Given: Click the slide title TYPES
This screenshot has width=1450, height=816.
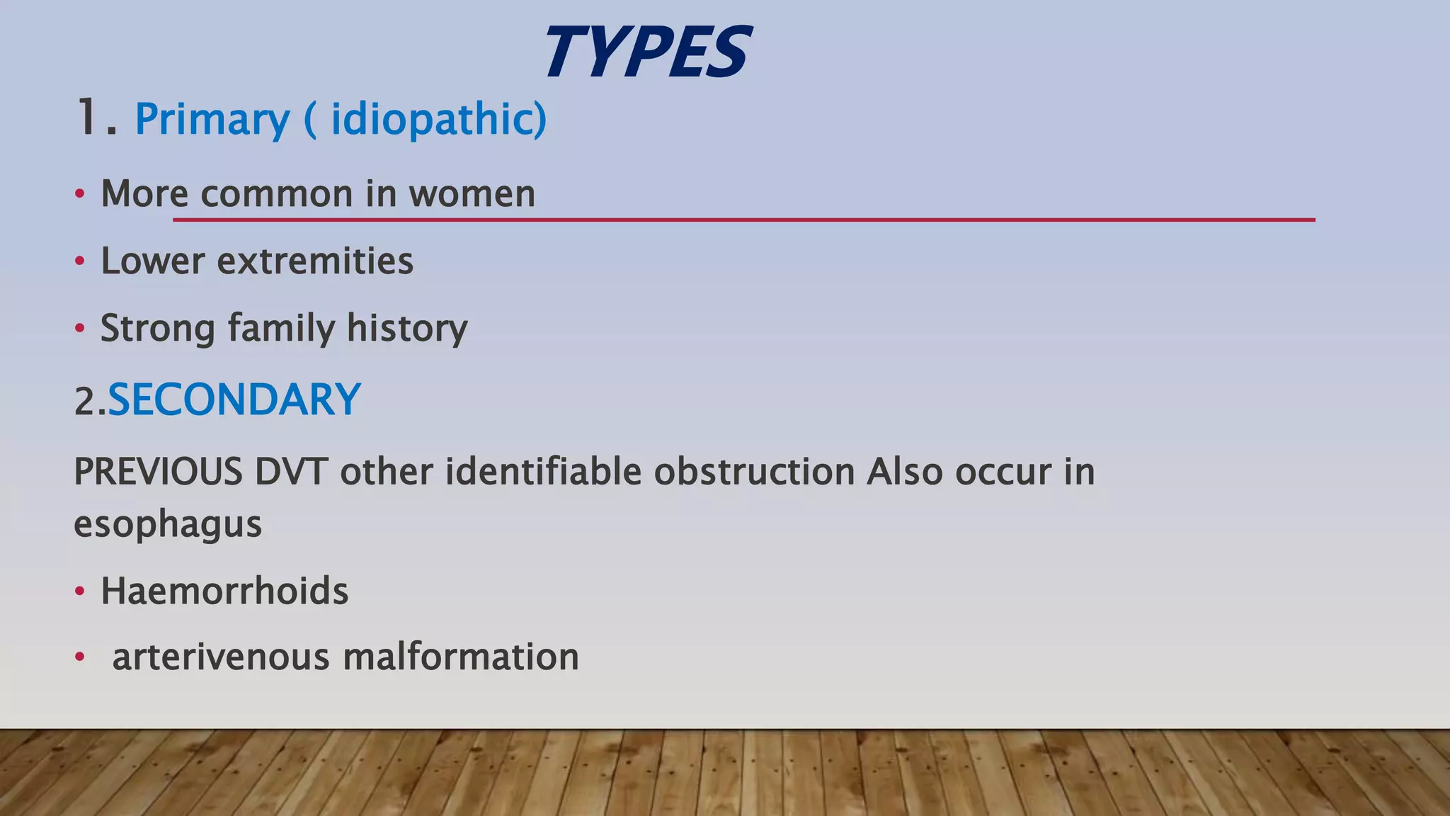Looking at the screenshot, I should [x=646, y=52].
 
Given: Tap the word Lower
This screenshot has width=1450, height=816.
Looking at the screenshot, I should [x=152, y=261].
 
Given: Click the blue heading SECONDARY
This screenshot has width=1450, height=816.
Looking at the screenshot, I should [x=234, y=399].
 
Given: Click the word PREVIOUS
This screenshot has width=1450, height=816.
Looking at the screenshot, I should [x=158, y=472].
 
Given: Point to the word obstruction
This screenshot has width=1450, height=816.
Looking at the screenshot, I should [x=754, y=472].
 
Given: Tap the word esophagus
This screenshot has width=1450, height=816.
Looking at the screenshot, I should [x=168, y=525].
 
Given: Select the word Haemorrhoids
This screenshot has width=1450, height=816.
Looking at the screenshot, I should [x=224, y=591].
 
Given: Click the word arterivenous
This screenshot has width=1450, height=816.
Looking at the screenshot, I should [x=221, y=657].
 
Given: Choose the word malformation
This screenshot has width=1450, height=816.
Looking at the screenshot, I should [x=461, y=657].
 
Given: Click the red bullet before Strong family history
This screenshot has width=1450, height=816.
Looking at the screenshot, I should [x=80, y=329].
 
